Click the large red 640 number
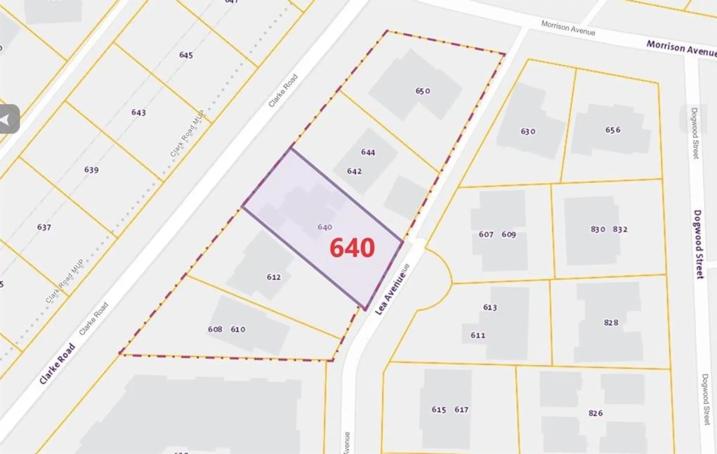tap(352, 248)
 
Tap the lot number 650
tap(423, 91)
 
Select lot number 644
tap(368, 152)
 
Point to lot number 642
tap(354, 171)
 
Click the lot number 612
tap(274, 277)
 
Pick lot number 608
tap(215, 329)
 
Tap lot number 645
tap(186, 55)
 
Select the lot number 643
tap(139, 112)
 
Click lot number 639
tap(91, 170)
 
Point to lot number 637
tap(44, 227)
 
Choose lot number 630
tap(528, 131)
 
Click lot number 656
tap(613, 130)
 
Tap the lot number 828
tap(611, 322)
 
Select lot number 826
tap(595, 413)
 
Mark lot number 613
tap(490, 307)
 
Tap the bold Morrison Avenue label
tap(681, 49)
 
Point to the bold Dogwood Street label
tap(698, 244)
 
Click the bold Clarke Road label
tap(57, 364)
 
